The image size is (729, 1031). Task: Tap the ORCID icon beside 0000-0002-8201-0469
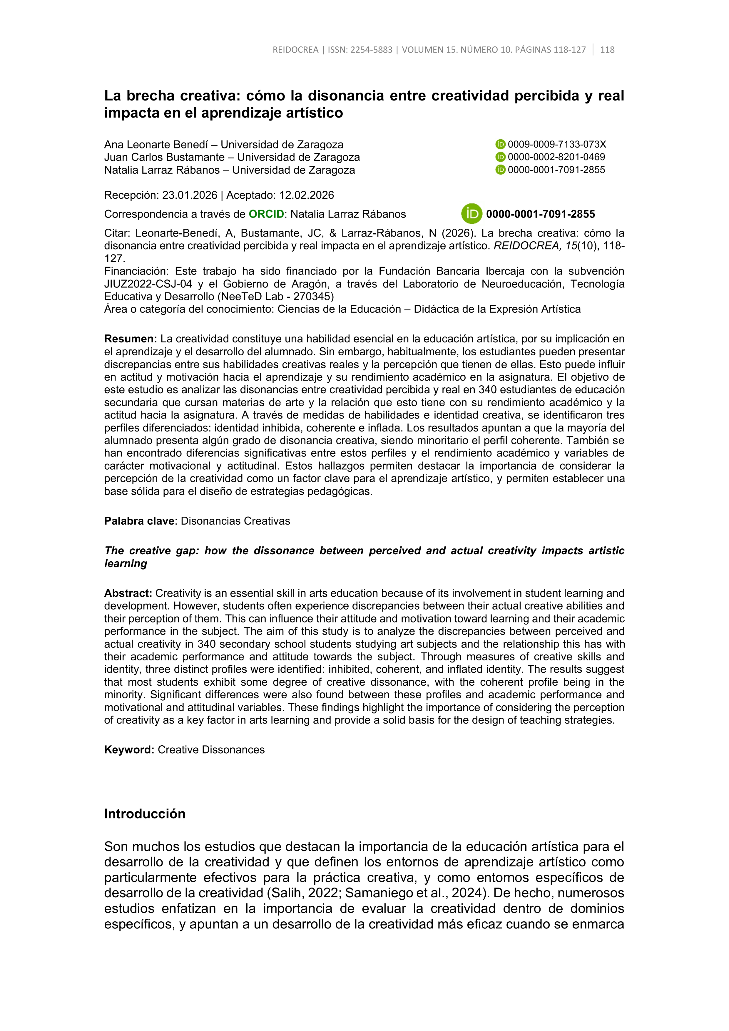[500, 157]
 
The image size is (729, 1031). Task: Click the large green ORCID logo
[471, 214]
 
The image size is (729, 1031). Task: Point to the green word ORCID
[266, 214]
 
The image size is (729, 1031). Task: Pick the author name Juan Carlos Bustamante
[164, 157]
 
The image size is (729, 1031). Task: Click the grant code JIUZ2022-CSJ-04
[148, 284]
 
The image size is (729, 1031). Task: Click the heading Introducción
[145, 814]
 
